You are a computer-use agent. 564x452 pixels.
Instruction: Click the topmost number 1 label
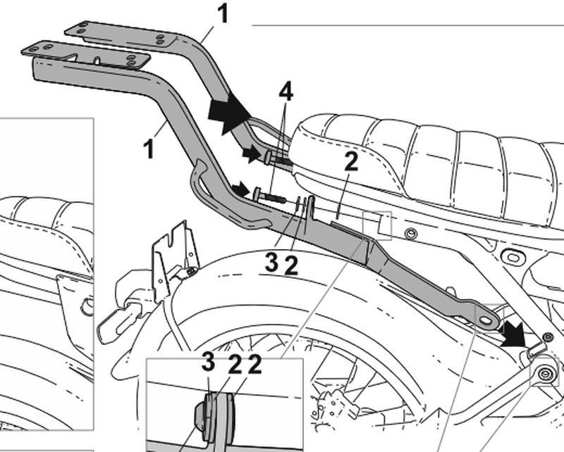tap(223, 13)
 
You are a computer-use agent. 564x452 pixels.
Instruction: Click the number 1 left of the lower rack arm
tap(149, 149)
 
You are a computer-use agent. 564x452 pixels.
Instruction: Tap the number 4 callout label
tap(285, 92)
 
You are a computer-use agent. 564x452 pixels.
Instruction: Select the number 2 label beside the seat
tap(351, 162)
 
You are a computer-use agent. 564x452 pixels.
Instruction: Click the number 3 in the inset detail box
tap(207, 363)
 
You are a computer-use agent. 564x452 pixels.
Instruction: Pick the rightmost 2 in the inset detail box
tap(255, 364)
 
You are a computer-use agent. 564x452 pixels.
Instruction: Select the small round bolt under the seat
tap(412, 233)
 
